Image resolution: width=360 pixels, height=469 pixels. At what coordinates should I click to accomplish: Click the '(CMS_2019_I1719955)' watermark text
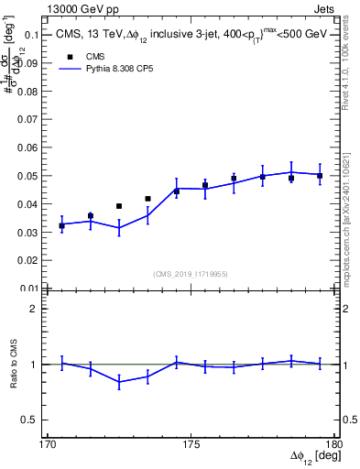coord(191,272)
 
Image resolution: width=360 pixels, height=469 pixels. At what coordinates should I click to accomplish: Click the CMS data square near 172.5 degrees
coord(119,206)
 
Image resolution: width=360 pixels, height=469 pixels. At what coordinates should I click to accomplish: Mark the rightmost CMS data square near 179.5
coord(320,175)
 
